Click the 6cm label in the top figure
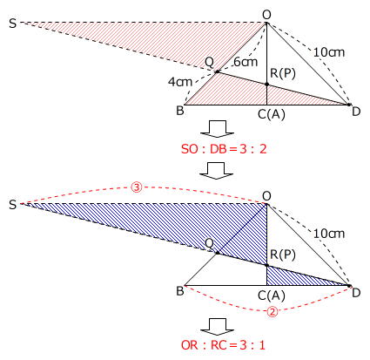pos(246,62)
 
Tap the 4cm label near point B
pos(180,82)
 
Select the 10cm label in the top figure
pos(329,52)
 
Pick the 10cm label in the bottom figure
pos(329,234)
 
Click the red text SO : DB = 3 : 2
pos(224,149)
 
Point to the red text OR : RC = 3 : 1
pos(223,345)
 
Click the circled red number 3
pos(137,187)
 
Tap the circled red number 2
pos(272,312)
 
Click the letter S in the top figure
pos(12,24)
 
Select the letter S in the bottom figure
pos(12,205)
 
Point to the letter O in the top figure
pos(266,15)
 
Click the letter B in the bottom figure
pos(180,291)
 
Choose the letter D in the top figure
pos(356,112)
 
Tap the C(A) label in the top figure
pos(272,114)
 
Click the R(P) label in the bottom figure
pos(283,255)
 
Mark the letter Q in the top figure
pos(209,62)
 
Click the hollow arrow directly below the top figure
pos(218,128)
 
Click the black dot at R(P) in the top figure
pos(267,85)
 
